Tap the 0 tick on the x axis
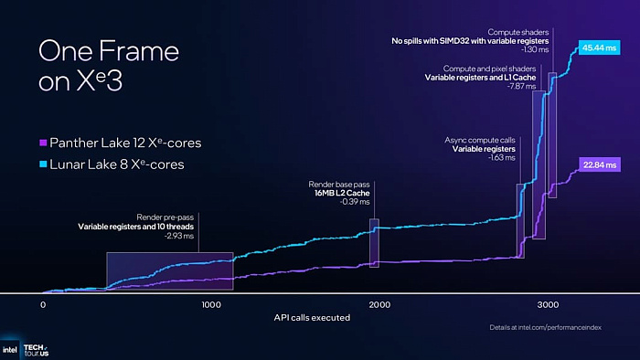42,304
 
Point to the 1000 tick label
211,304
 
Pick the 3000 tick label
547,304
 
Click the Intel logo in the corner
10,350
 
